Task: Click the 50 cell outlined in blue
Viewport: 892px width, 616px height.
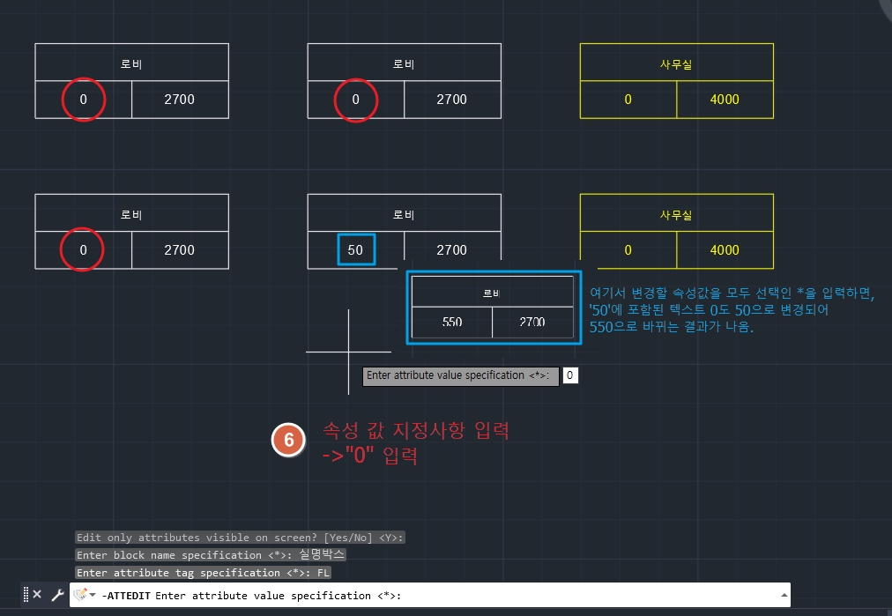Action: [356, 249]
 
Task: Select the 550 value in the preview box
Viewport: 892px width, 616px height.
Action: [452, 323]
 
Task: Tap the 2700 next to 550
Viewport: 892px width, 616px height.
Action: [532, 323]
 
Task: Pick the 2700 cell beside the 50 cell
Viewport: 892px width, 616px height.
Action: [451, 249]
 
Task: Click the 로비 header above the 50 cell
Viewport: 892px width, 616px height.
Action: [404, 214]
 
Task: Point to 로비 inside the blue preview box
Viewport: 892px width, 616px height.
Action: [492, 293]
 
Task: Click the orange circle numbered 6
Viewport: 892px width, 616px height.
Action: [287, 441]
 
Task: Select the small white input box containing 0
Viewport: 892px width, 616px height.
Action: [570, 375]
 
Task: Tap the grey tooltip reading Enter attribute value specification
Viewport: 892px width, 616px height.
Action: [460, 375]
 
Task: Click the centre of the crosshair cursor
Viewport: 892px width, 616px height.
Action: [348, 352]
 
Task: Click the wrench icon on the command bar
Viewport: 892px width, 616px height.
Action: [57, 595]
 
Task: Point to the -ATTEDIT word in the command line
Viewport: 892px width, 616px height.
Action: [126, 596]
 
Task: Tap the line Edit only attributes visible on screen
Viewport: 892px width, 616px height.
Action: [240, 538]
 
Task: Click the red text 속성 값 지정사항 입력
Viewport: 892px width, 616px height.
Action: [415, 432]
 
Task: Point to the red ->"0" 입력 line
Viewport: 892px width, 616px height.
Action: [369, 457]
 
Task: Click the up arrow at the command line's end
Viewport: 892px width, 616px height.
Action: [784, 595]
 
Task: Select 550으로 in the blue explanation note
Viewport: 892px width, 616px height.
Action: [617, 327]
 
